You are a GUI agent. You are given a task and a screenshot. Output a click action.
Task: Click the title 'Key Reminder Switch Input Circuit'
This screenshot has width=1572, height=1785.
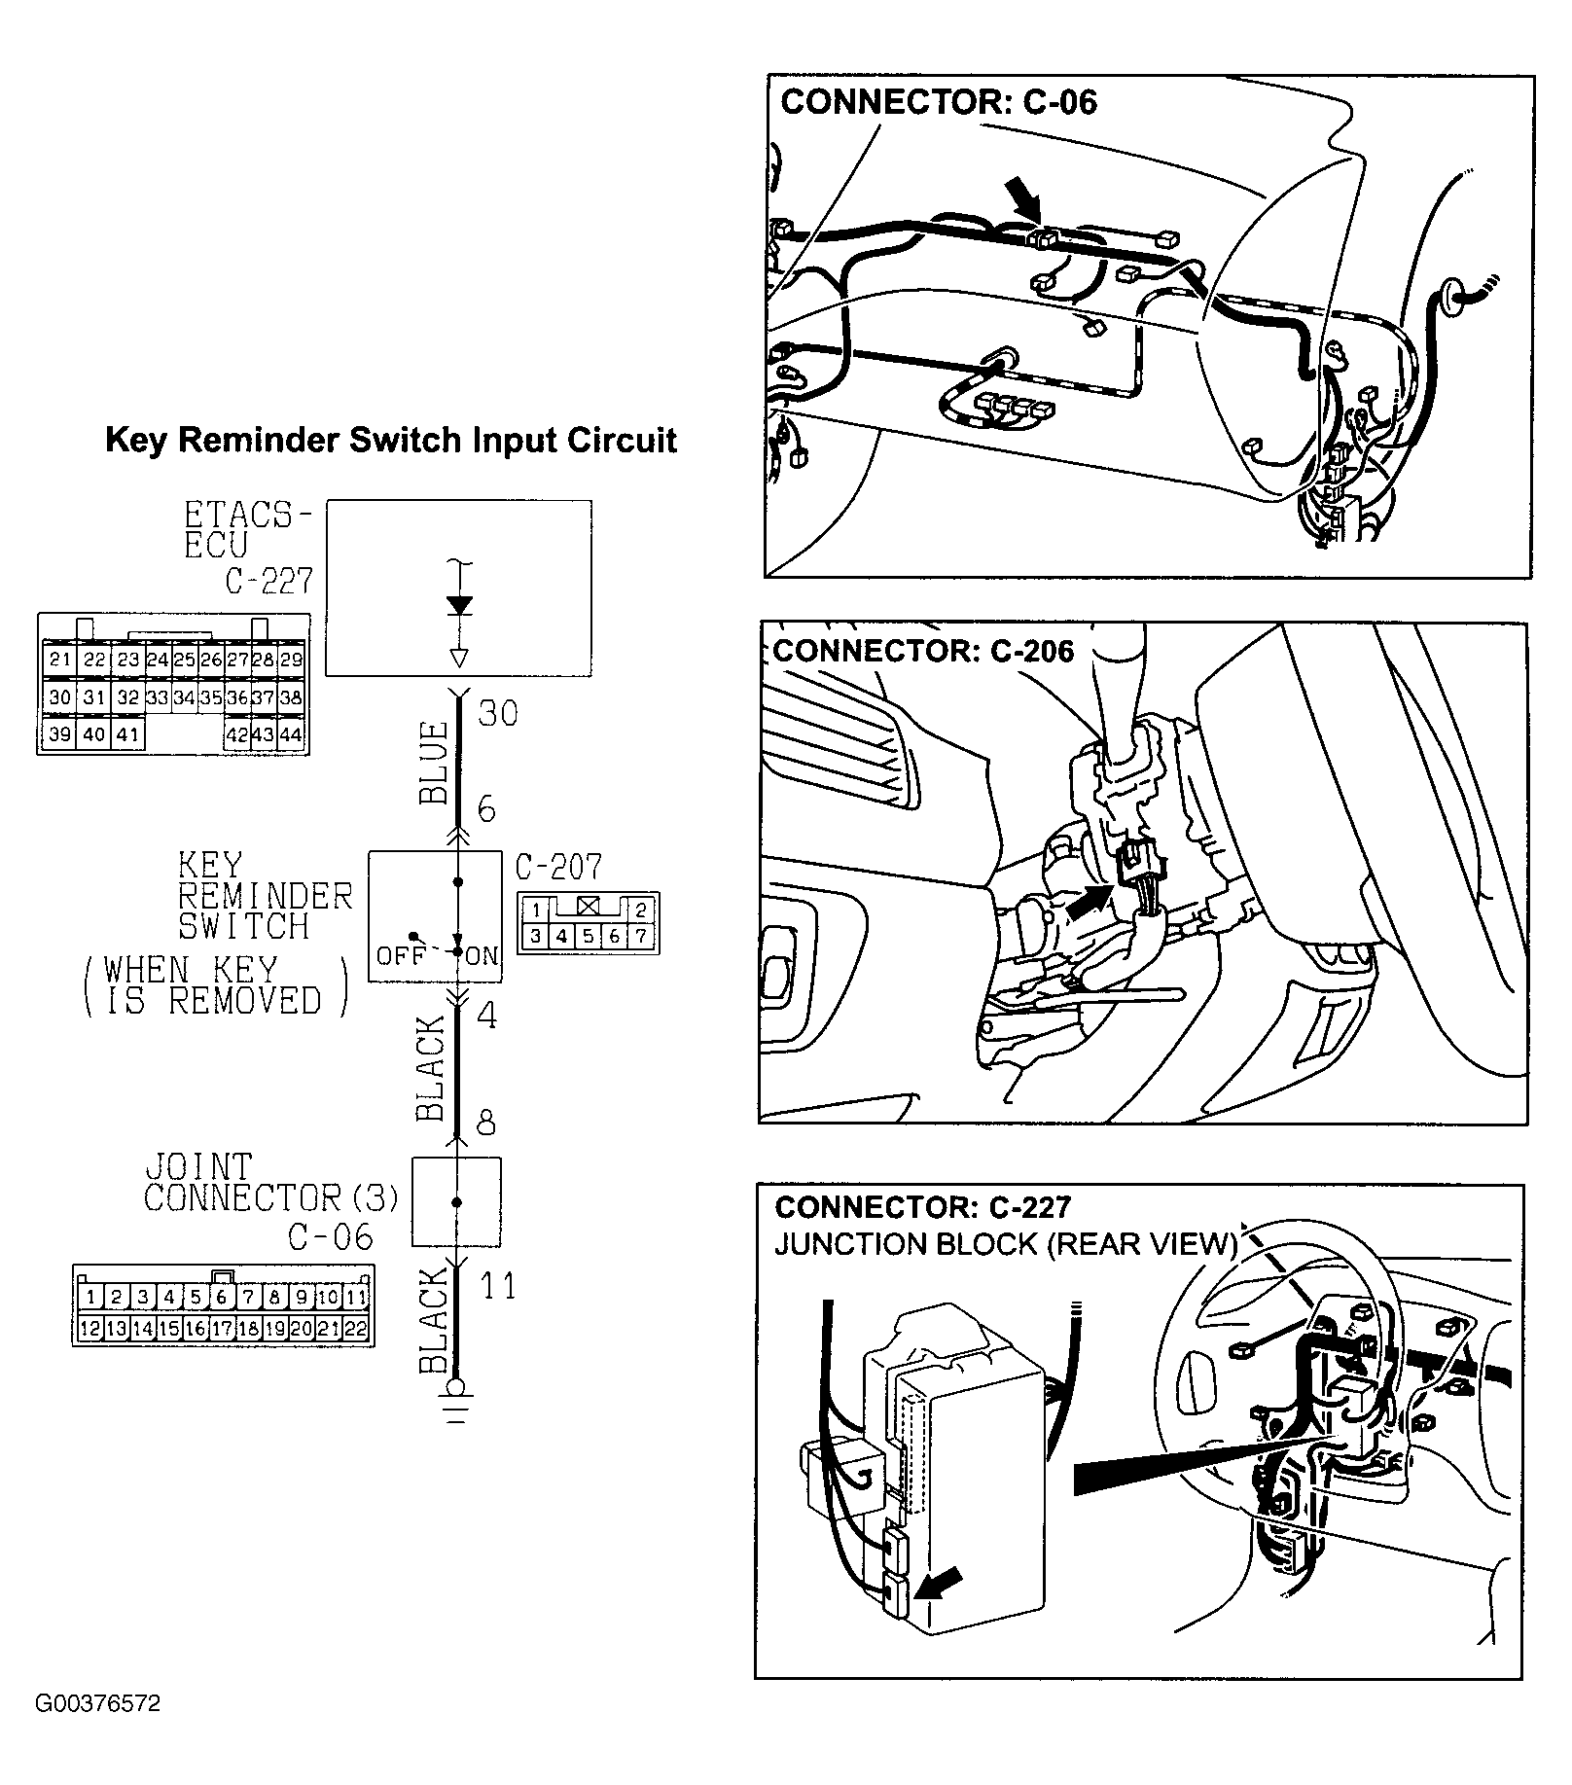pos(390,441)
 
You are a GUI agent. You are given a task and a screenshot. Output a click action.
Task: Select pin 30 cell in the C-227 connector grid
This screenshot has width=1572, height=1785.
pos(60,697)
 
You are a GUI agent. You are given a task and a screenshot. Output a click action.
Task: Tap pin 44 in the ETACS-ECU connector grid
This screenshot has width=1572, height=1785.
pos(291,734)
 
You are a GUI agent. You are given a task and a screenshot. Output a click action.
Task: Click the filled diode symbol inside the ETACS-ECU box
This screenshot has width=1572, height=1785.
pos(459,605)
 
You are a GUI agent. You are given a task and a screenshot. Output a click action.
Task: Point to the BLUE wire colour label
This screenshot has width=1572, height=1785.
pos(434,763)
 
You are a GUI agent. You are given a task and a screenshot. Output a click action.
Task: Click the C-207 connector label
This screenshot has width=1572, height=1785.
pos(558,867)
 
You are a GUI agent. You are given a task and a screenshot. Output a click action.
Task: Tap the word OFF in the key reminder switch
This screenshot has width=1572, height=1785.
pos(401,955)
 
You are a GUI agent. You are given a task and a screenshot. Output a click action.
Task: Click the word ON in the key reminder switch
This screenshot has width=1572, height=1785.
pos(482,955)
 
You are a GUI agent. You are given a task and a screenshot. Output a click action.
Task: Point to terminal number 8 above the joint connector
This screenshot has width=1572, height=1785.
pos(486,1124)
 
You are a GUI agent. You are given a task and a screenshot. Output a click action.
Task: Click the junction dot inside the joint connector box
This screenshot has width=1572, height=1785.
pos(457,1202)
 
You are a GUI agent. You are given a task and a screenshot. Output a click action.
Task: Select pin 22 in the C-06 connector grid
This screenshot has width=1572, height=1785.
pos(357,1329)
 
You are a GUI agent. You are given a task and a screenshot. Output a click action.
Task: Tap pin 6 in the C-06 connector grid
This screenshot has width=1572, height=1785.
pos(223,1297)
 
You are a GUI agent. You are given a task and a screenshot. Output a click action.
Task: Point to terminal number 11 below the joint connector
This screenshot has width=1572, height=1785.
pos(498,1286)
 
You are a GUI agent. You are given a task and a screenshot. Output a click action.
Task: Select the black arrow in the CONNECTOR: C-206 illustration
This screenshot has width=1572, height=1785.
pos(1090,901)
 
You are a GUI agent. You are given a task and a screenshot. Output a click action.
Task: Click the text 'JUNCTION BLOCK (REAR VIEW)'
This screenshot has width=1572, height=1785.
pos(1005,1244)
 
